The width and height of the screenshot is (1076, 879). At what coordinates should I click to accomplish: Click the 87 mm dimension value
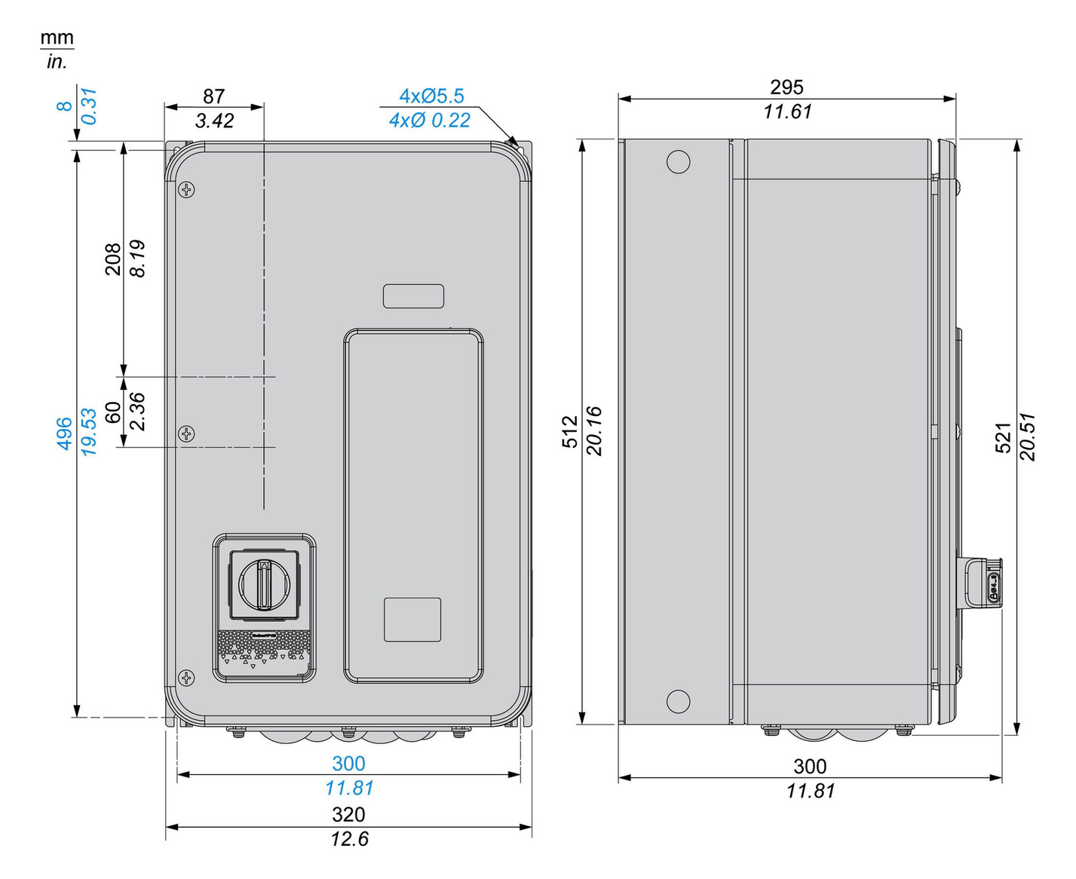coord(213,96)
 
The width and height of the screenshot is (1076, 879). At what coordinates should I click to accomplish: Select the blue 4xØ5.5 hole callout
coord(431,96)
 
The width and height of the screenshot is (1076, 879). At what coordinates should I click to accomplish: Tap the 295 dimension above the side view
coord(786,87)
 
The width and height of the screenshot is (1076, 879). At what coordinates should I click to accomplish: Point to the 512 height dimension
coord(570,431)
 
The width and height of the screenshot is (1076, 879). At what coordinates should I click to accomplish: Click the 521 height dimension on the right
coord(1003,437)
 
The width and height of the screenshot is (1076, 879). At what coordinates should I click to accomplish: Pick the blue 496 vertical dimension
coord(65,433)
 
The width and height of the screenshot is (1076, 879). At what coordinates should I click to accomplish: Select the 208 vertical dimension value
coord(113,259)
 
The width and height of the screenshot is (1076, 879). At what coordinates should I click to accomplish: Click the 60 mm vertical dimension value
coord(113,412)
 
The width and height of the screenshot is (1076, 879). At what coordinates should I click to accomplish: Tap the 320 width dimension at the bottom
coord(348,814)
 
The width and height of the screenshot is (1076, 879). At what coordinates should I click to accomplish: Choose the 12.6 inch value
coord(349,839)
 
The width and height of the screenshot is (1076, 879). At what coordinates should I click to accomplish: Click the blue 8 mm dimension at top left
coord(65,106)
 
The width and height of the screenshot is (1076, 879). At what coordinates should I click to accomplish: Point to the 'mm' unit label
coord(57,38)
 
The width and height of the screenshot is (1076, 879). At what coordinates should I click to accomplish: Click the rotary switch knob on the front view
coord(263,583)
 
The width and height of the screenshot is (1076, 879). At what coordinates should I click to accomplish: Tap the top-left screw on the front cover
coord(186,190)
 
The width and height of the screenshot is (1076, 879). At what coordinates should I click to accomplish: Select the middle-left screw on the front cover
coord(186,433)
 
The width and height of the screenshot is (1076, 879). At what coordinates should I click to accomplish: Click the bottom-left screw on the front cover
coord(186,678)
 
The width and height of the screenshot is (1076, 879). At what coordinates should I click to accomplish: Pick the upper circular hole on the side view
coord(678,162)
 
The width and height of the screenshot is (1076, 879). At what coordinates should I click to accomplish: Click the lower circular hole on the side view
coord(678,701)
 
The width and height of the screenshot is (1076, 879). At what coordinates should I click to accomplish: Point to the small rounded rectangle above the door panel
coord(413,296)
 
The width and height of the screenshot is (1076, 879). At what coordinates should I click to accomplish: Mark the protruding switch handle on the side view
coord(983,580)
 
